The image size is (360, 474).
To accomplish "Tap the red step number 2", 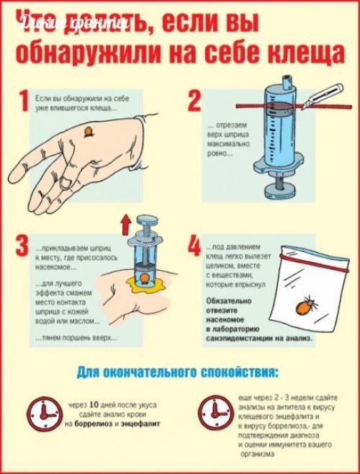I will (x=194, y=102).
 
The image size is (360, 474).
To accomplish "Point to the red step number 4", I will (x=194, y=247).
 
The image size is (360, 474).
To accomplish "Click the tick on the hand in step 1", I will (x=89, y=131).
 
